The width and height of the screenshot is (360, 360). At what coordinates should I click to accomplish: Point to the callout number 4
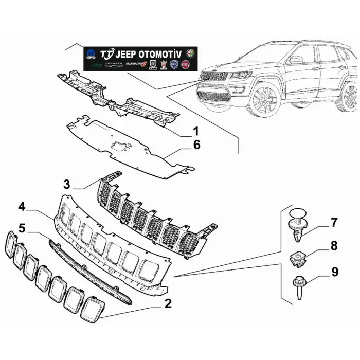pos(21,207)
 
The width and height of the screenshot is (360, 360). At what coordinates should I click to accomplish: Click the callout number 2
pos(167,303)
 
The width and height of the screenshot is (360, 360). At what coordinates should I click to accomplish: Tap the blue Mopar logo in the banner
pos(91,54)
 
